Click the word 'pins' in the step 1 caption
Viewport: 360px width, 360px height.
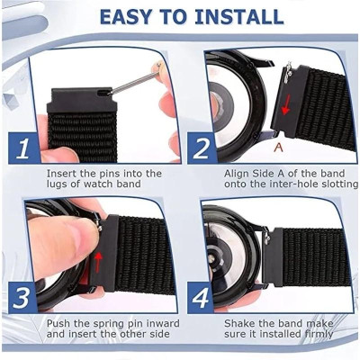[115, 173]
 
